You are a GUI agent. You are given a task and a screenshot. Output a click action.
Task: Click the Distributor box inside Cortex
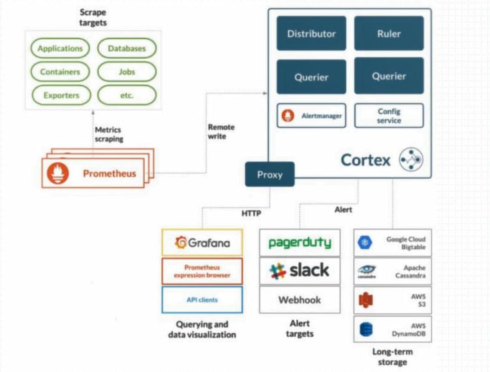311,34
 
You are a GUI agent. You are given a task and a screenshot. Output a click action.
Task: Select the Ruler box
389,34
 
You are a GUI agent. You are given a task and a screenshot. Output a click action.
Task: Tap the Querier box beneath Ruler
389,76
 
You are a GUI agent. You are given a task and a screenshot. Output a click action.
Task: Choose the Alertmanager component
311,116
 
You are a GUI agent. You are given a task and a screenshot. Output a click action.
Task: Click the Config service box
389,116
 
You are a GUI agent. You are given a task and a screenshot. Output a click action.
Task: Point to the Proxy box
269,174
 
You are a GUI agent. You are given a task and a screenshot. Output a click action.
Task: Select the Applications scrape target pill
60,48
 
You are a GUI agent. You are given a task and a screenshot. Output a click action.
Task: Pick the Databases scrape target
127,48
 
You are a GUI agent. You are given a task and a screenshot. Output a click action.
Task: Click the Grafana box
202,243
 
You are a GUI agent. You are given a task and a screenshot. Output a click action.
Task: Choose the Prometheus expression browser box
202,271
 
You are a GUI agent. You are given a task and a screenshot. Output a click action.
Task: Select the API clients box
202,300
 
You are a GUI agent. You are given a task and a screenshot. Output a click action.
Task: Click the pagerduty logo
299,243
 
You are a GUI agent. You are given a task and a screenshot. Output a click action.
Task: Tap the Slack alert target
299,270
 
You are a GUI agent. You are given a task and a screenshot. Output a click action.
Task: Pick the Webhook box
299,300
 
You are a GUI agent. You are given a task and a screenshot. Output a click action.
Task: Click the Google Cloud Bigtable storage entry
393,243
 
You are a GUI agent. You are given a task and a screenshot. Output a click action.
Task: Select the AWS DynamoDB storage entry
393,330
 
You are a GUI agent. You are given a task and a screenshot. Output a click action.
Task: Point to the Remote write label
221,132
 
